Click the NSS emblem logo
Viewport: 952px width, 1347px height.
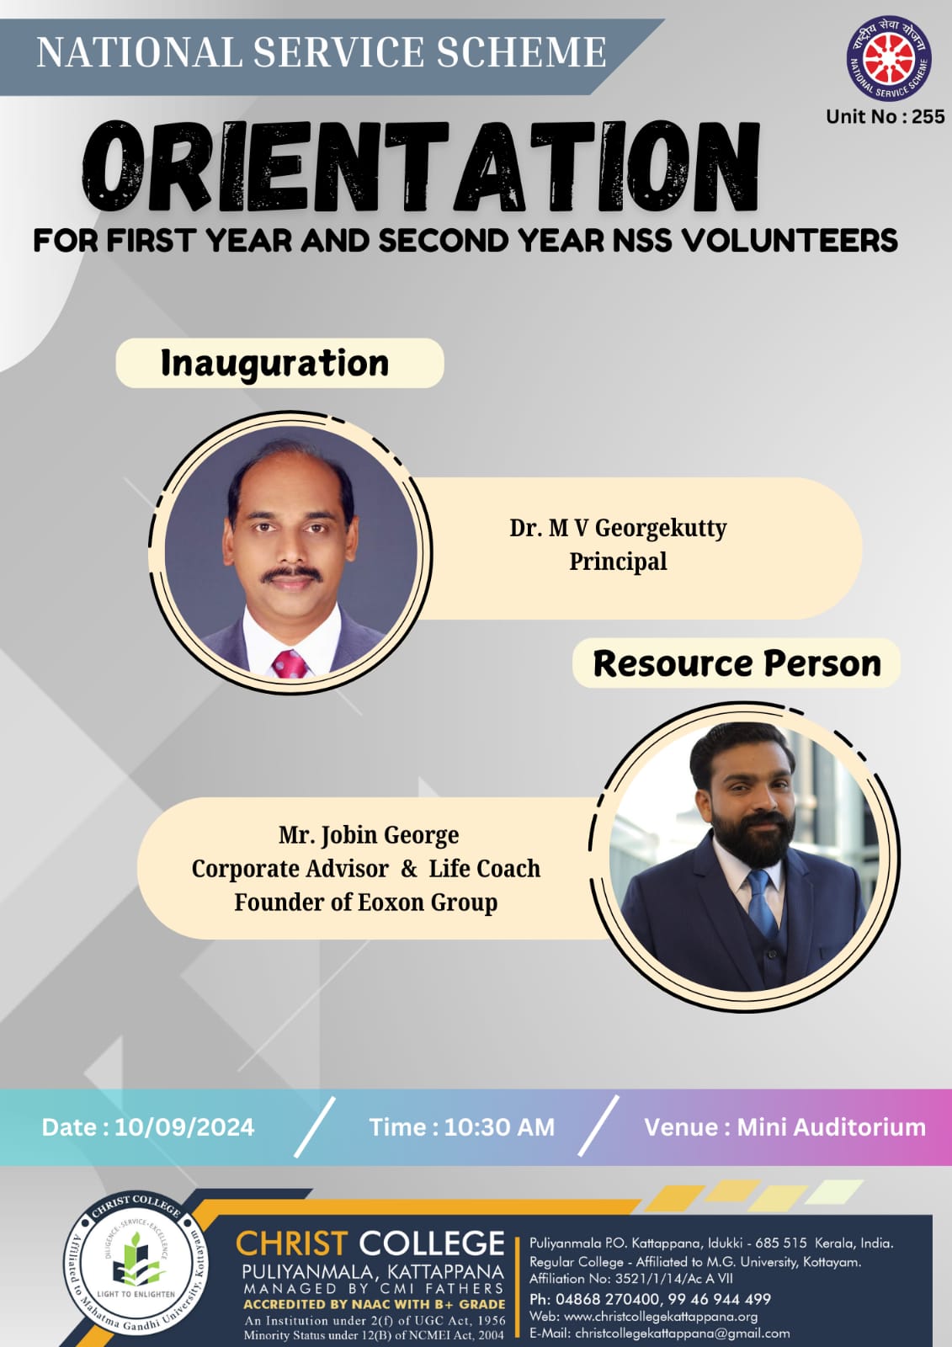point(889,58)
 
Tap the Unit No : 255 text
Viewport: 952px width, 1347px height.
point(886,116)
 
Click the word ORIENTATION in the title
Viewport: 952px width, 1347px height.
point(420,166)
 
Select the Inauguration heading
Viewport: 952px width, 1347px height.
point(275,363)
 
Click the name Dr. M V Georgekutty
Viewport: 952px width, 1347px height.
point(618,527)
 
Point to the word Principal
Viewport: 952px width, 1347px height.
point(618,562)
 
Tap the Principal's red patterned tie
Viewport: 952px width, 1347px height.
point(290,664)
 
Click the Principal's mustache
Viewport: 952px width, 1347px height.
point(292,573)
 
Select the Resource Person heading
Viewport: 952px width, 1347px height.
point(737,663)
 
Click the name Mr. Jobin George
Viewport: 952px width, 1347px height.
point(369,834)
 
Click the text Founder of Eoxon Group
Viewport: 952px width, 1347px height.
point(366,902)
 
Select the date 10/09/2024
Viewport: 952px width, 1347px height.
point(184,1127)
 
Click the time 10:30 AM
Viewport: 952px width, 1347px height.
point(499,1127)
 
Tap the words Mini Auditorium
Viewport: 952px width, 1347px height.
point(831,1127)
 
